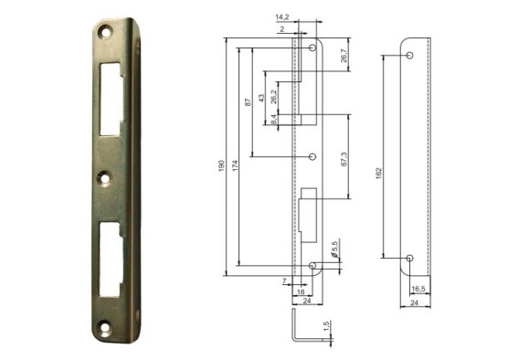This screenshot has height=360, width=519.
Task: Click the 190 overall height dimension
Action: pos(221,165)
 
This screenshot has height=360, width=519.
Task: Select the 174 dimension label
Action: pos(235,165)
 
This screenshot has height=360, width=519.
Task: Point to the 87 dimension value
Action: pos(248,102)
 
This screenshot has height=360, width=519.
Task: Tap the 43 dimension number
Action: pos(261,99)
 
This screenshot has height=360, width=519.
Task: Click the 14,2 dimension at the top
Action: pos(282,17)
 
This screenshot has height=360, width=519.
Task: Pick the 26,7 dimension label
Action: pos(344,56)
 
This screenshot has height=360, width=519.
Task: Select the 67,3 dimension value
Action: pos(344,159)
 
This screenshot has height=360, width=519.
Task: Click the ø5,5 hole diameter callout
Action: pos(334,249)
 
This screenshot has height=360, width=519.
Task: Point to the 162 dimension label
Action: pos(379,174)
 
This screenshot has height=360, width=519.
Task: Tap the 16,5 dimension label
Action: pos(418,289)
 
